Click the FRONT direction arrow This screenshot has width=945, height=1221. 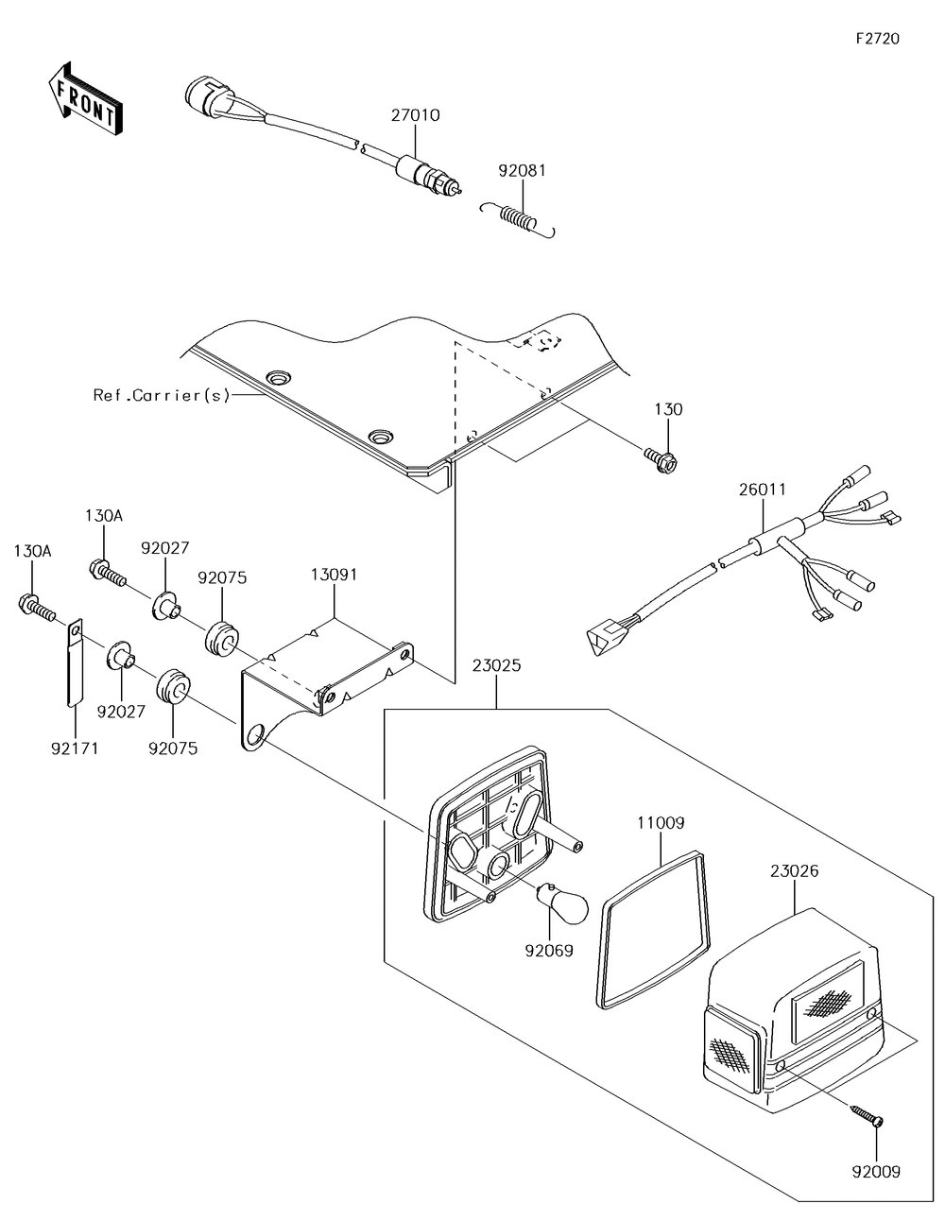pyautogui.click(x=84, y=99)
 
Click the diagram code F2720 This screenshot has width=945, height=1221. pyautogui.click(x=878, y=39)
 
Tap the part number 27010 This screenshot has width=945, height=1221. pyautogui.click(x=416, y=115)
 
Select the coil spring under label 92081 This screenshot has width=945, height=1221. pyautogui.click(x=518, y=219)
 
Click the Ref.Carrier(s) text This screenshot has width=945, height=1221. pyautogui.click(x=162, y=396)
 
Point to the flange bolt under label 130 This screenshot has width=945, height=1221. pyautogui.click(x=661, y=460)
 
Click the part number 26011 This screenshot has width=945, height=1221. pyautogui.click(x=763, y=490)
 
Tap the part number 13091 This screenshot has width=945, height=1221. pyautogui.click(x=334, y=576)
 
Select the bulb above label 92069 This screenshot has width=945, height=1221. pyautogui.click(x=562, y=901)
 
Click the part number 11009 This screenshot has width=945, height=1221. pyautogui.click(x=661, y=823)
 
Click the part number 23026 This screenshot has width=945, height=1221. pyautogui.click(x=795, y=871)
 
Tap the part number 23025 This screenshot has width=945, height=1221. pyautogui.click(x=497, y=666)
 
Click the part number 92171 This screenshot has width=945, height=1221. pyautogui.click(x=75, y=749)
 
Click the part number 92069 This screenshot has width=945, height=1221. pyautogui.click(x=549, y=952)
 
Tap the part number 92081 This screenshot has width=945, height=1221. pyautogui.click(x=522, y=171)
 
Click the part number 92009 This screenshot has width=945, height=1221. pyautogui.click(x=876, y=1173)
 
